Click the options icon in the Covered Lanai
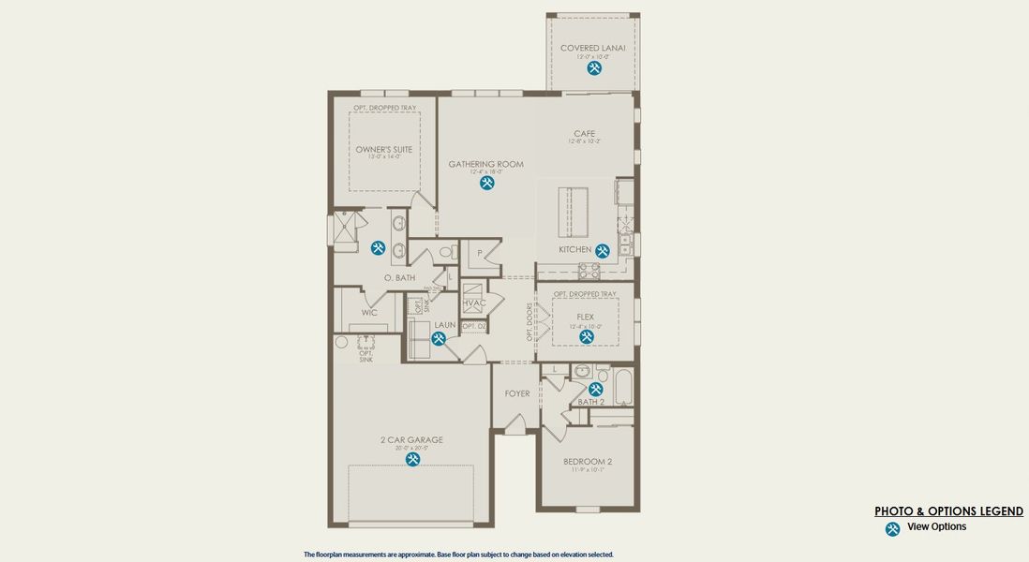tap(594, 68)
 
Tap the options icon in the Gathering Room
tap(486, 183)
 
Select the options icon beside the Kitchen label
tap(603, 250)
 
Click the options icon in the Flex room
tap(586, 336)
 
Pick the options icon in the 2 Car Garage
tap(412, 459)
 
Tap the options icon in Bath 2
tap(595, 389)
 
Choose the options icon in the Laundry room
tap(438, 339)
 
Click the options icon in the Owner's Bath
tap(378, 248)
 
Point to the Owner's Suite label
tap(383, 150)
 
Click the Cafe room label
tap(585, 134)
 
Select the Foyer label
tap(517, 394)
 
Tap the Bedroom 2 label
tap(588, 462)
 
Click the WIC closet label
tap(369, 313)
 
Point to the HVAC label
tap(474, 303)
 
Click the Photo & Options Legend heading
tap(948, 511)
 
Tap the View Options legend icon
tap(892, 529)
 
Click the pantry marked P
tap(480, 253)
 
